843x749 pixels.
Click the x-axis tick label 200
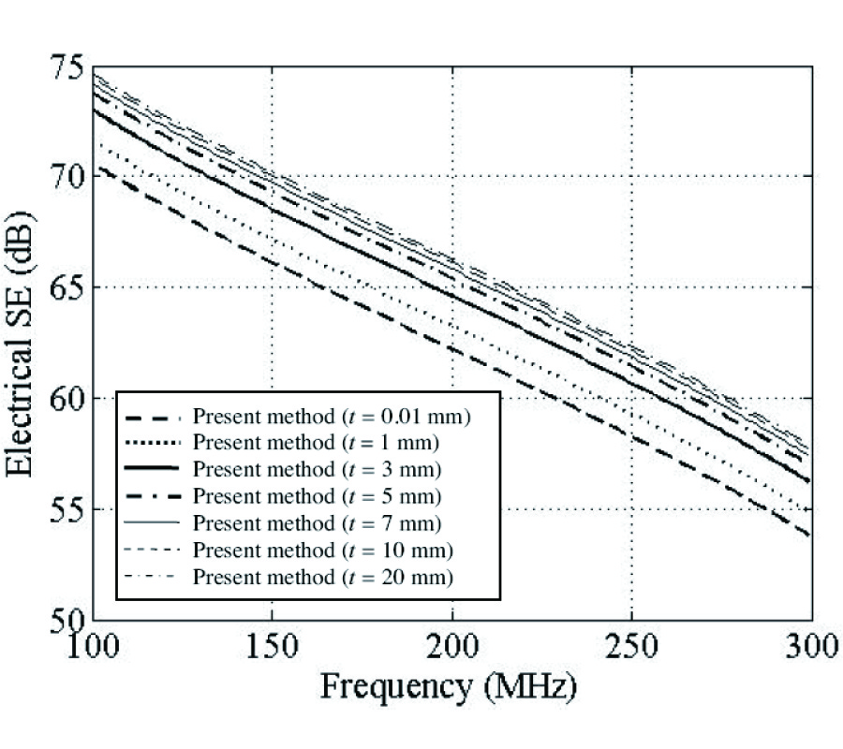[x=451, y=646]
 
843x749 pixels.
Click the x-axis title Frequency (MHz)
[x=450, y=688]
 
